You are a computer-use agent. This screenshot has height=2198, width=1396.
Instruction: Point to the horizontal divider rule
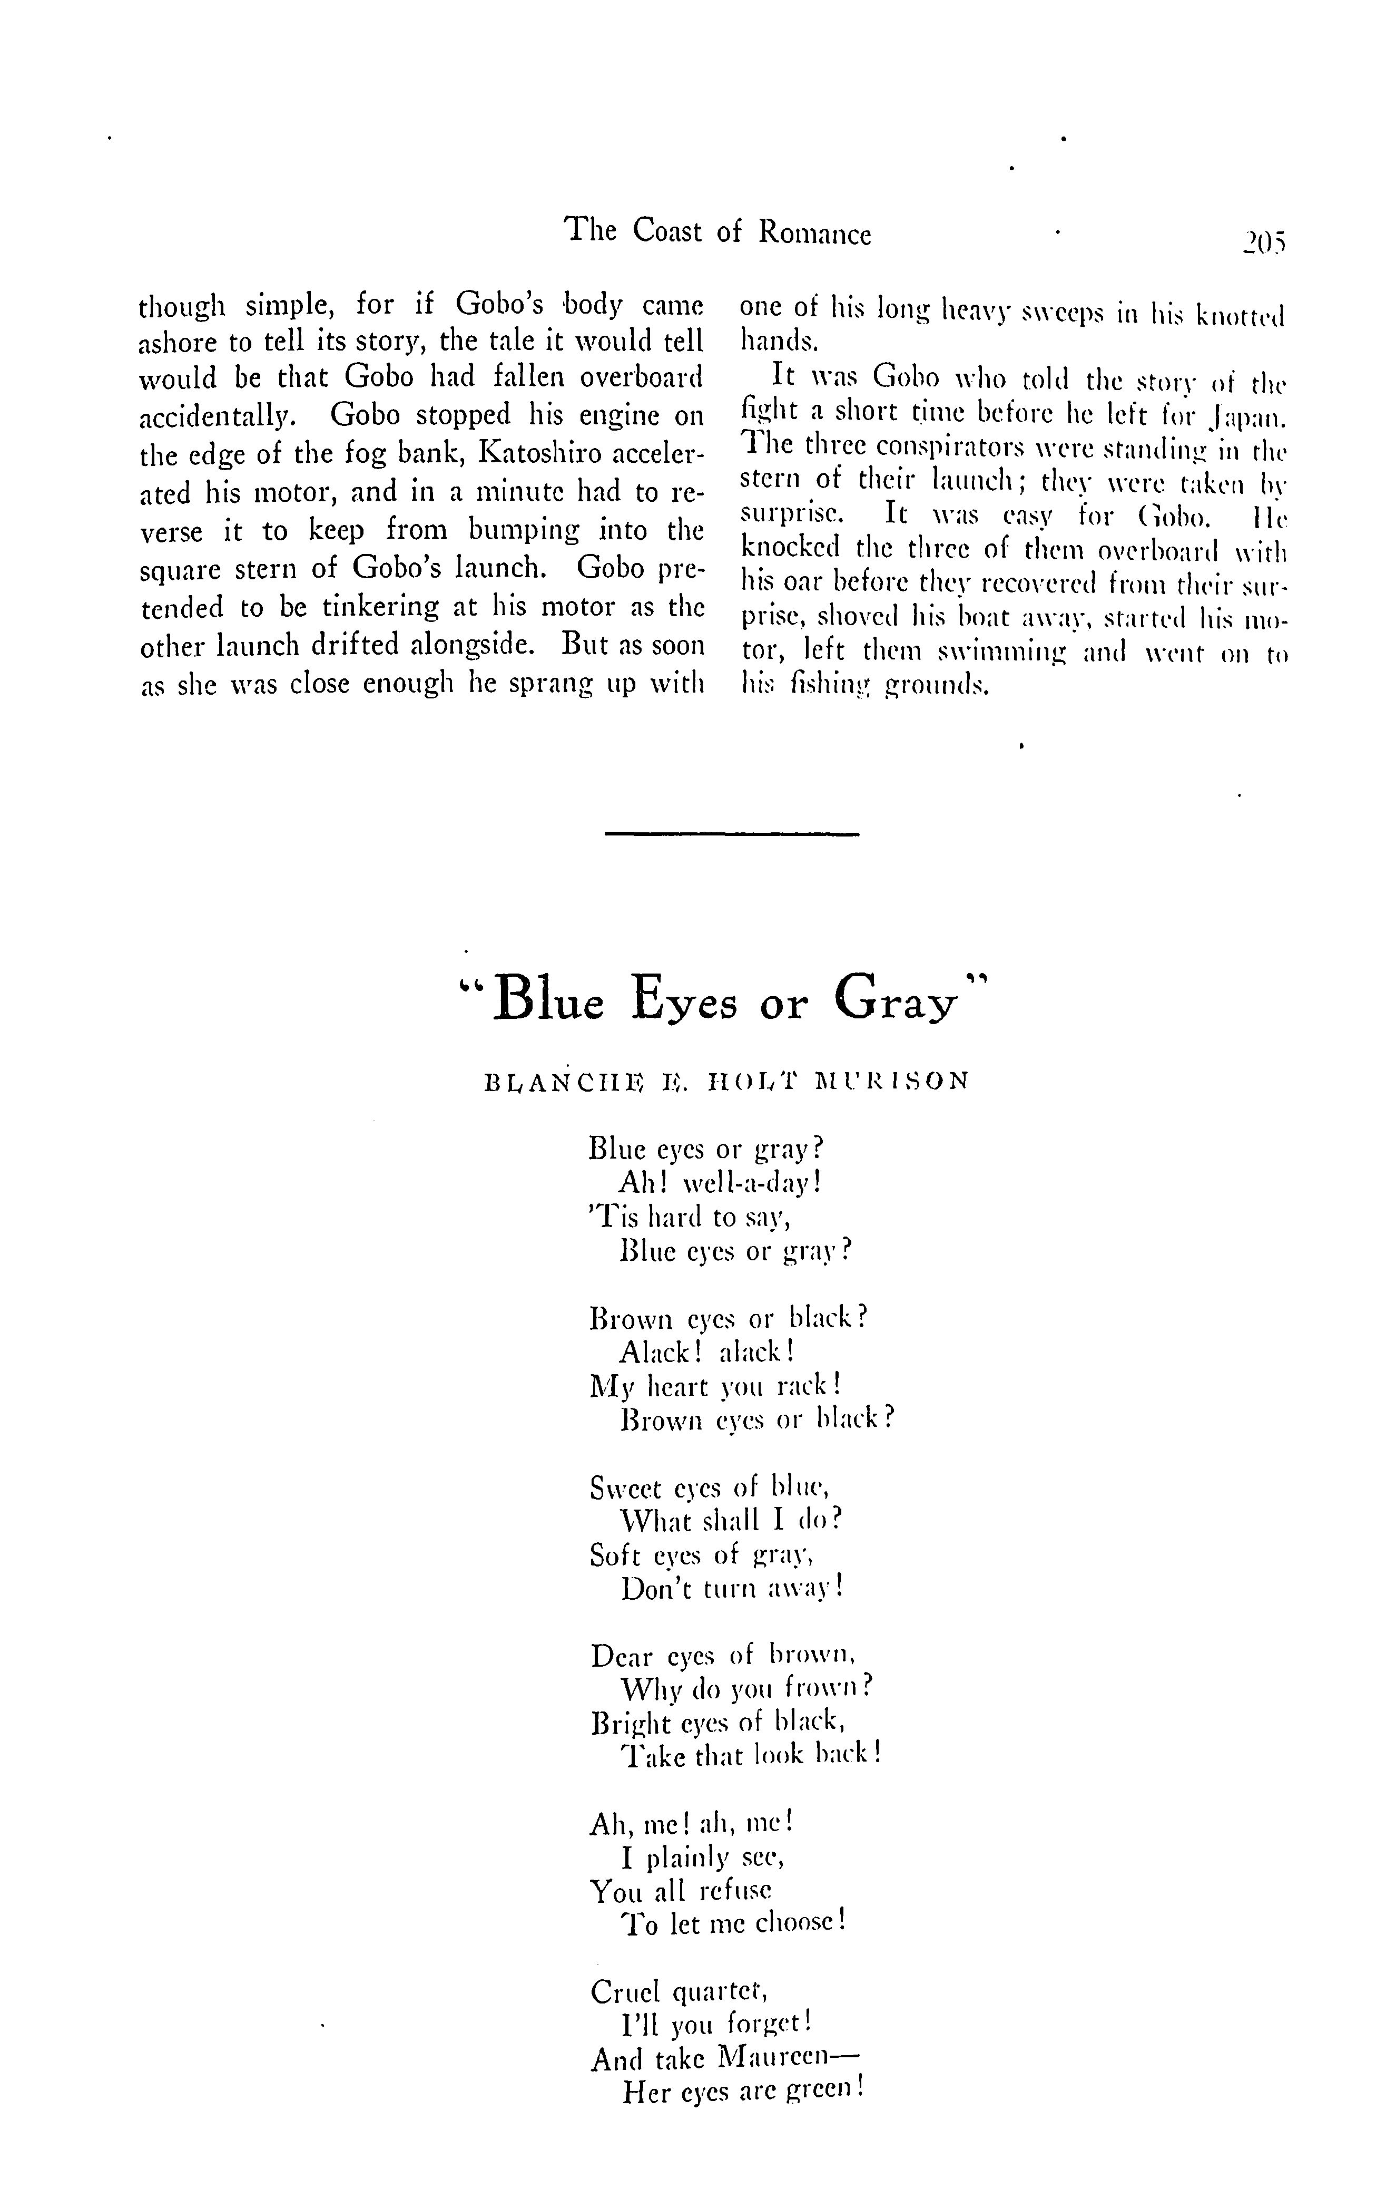click(x=732, y=832)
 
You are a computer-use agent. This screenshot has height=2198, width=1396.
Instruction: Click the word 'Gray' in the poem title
click(x=895, y=1001)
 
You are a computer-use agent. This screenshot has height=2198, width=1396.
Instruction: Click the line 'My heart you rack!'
click(x=714, y=1386)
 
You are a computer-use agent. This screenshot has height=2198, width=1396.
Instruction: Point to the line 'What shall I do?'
click(x=731, y=1520)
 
